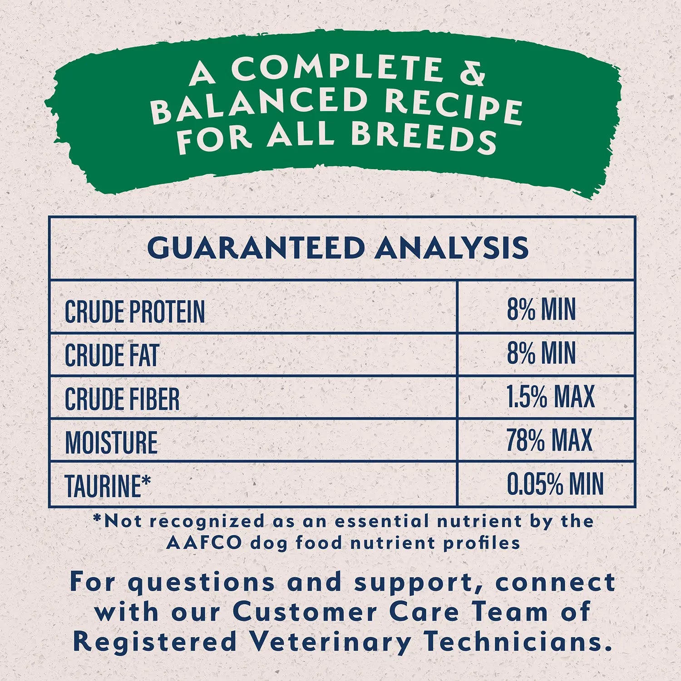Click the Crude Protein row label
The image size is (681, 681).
[x=134, y=312]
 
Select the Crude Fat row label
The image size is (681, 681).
[x=112, y=355]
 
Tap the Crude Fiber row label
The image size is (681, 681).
[x=122, y=399]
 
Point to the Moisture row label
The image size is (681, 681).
[x=111, y=442]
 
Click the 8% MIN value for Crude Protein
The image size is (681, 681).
[x=541, y=310]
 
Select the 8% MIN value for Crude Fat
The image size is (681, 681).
[x=541, y=353]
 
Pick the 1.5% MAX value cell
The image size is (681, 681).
[x=550, y=396]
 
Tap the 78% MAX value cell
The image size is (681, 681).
[x=549, y=439]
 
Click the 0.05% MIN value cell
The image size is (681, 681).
[x=555, y=484]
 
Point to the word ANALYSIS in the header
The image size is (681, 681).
[x=452, y=248]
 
